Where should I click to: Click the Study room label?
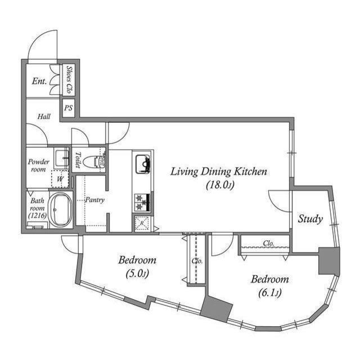click(310, 219)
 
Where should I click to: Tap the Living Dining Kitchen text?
click(219, 172)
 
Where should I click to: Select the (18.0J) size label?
click(220, 185)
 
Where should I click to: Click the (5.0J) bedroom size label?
click(137, 273)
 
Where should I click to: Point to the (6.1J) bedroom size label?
click(270, 292)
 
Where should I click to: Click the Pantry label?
click(94, 200)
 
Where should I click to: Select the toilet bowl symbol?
click(94, 161)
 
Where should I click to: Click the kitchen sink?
click(142, 164)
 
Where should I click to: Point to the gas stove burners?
click(142, 202)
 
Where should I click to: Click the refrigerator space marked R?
click(142, 223)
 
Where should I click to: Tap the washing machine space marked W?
click(60, 179)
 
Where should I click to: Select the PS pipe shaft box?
click(68, 107)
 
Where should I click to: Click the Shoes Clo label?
click(69, 79)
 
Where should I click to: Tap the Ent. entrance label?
click(39, 81)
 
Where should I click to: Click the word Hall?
click(44, 116)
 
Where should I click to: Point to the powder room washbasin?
click(61, 158)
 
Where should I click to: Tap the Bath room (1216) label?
click(38, 208)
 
